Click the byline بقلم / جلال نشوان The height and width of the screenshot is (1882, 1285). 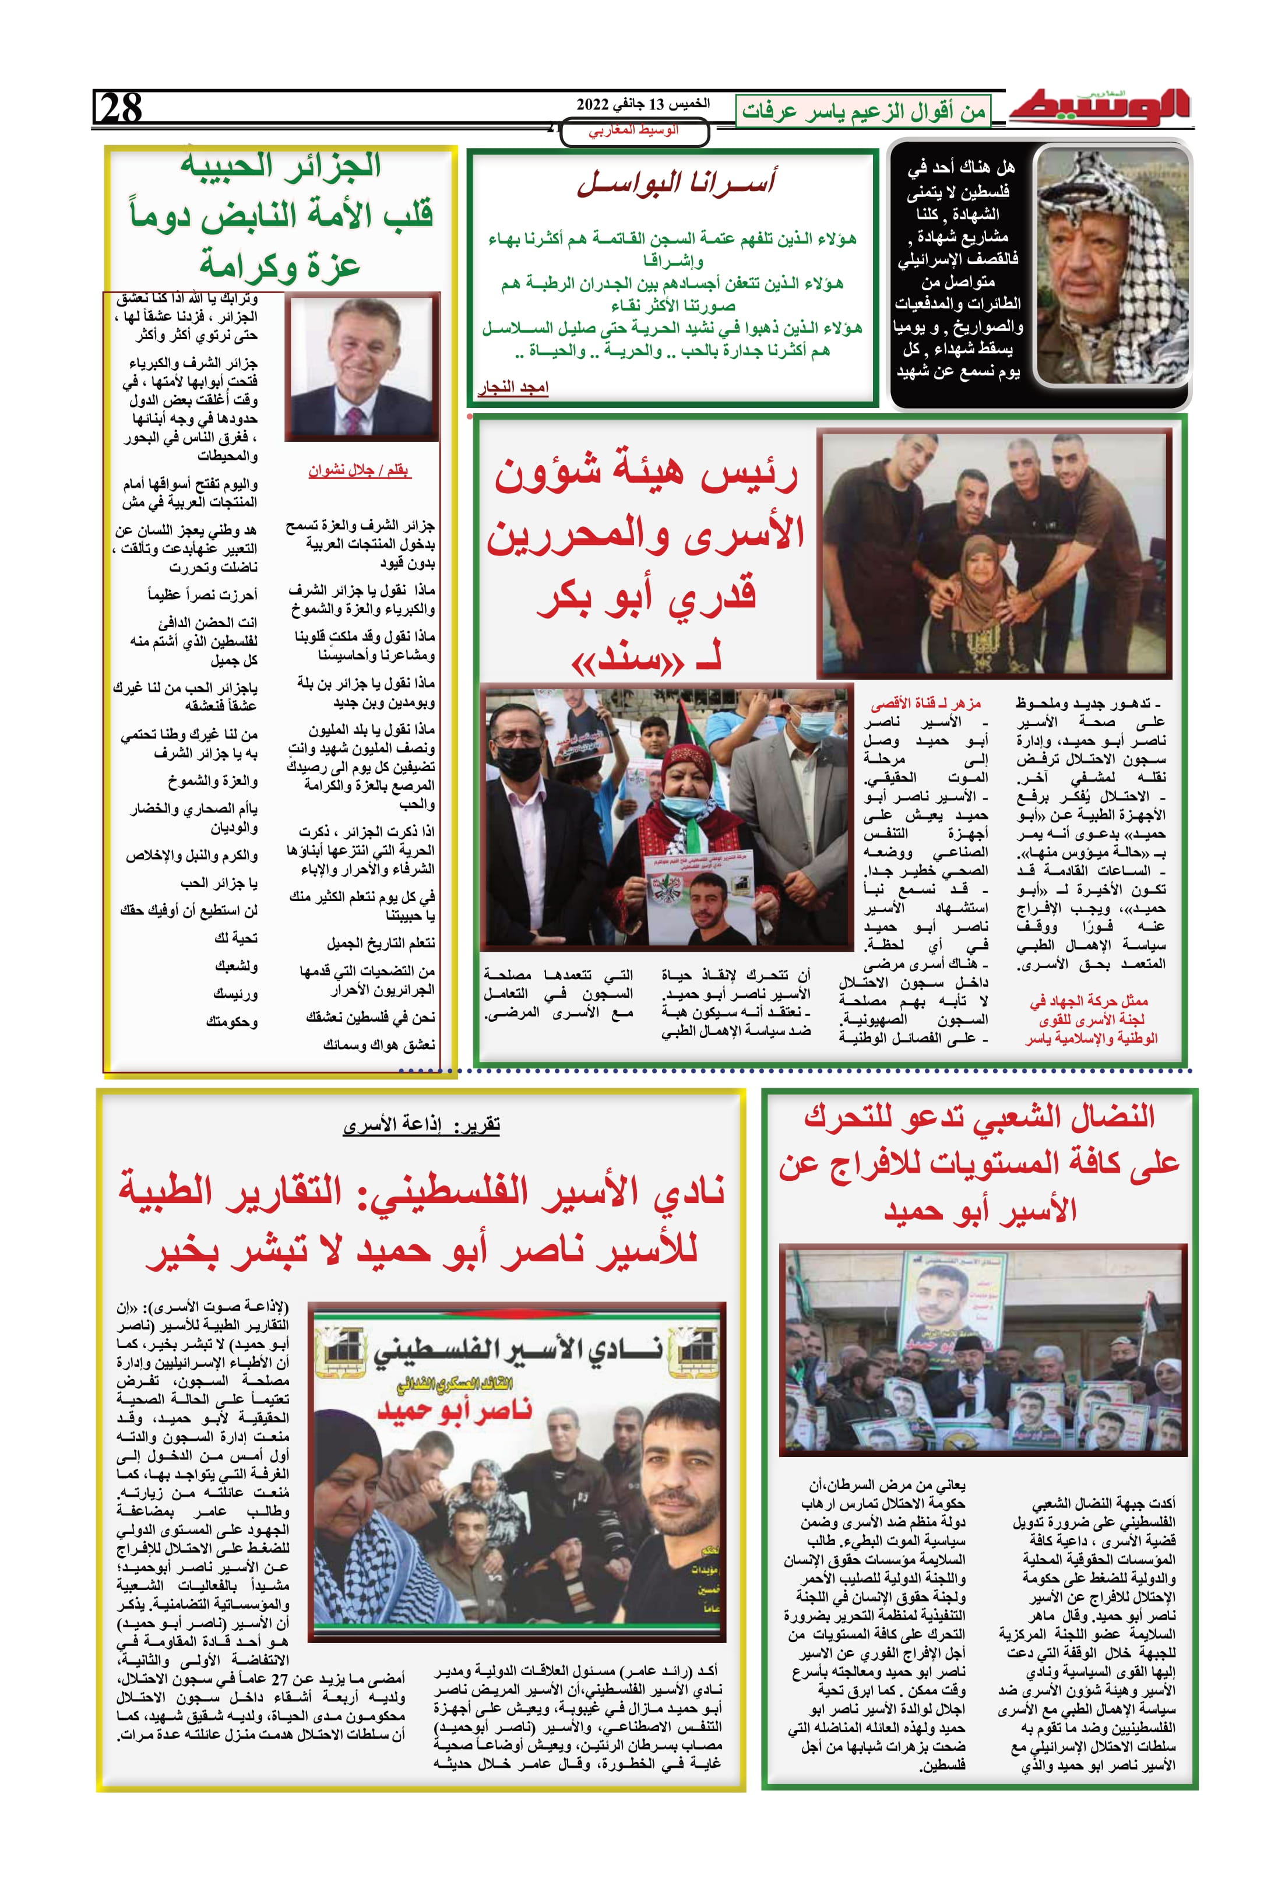(359, 470)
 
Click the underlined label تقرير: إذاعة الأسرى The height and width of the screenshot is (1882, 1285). (421, 1125)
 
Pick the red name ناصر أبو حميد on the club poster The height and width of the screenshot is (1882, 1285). (455, 1410)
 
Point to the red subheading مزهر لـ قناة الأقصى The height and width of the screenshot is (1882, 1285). (925, 703)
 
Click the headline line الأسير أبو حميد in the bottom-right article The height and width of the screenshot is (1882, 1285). (980, 1210)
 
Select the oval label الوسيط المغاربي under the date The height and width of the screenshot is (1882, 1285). (634, 131)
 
